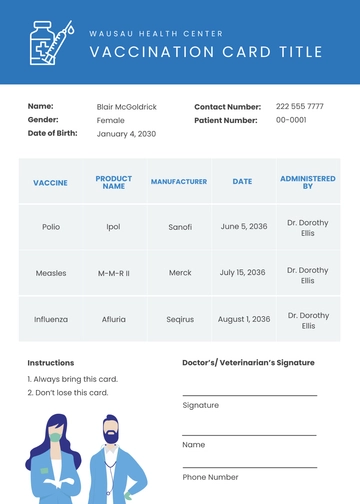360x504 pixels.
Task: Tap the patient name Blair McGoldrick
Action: click(x=127, y=106)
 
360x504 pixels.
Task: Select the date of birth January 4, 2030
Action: click(x=126, y=134)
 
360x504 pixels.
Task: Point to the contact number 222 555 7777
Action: click(x=299, y=106)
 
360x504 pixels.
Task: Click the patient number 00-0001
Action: click(x=291, y=120)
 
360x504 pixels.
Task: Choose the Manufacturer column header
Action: click(x=179, y=182)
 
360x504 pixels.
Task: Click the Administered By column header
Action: click(x=308, y=182)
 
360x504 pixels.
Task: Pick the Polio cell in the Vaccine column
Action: click(x=51, y=227)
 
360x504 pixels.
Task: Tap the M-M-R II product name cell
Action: click(x=114, y=273)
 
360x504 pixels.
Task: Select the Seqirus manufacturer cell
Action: click(x=180, y=319)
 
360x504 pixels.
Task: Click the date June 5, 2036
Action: click(x=242, y=227)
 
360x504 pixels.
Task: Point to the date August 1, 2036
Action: click(x=244, y=319)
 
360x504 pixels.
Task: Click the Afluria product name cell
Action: click(x=114, y=319)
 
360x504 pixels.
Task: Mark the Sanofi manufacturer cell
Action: click(x=180, y=227)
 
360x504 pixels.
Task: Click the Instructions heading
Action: click(x=50, y=363)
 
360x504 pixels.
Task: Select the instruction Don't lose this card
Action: click(x=67, y=393)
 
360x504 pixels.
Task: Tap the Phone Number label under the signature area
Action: click(x=210, y=477)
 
